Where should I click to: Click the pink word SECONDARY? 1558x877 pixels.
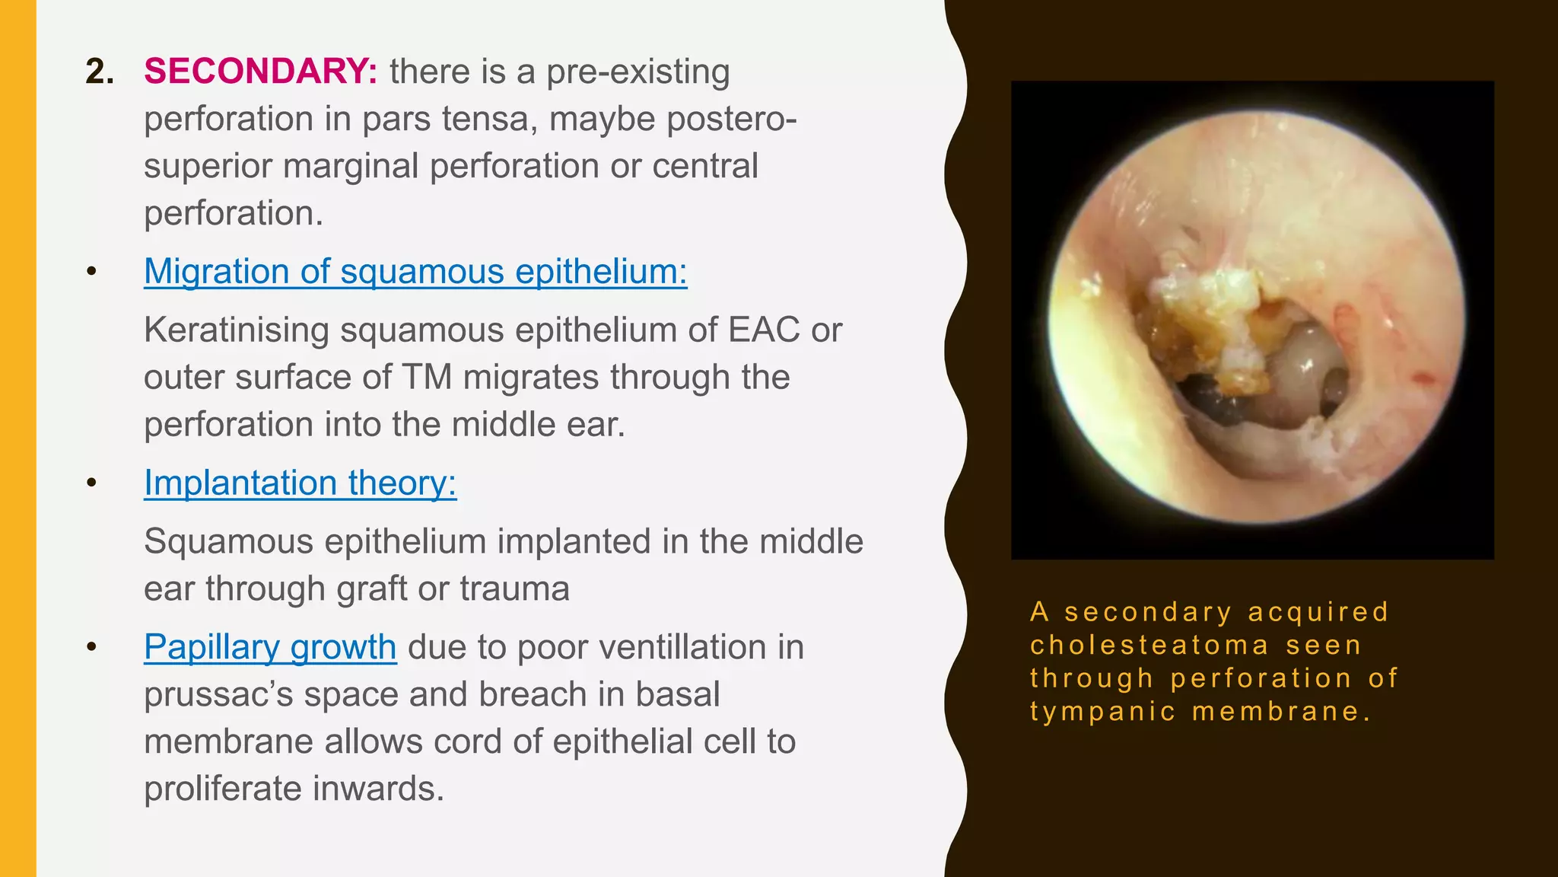[260, 72]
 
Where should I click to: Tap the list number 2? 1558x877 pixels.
[100, 72]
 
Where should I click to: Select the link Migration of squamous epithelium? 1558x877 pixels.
[415, 272]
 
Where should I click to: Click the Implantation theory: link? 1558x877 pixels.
[300, 483]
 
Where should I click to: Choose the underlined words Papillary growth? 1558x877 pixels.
[270, 647]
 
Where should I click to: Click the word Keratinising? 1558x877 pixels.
[237, 330]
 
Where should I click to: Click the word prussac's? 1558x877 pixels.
[218, 694]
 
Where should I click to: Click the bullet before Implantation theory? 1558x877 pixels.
[92, 483]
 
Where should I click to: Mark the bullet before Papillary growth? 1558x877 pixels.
[92, 647]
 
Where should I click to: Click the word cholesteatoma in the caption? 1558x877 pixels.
[1149, 646]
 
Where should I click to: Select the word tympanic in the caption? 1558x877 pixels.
[1102, 712]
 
